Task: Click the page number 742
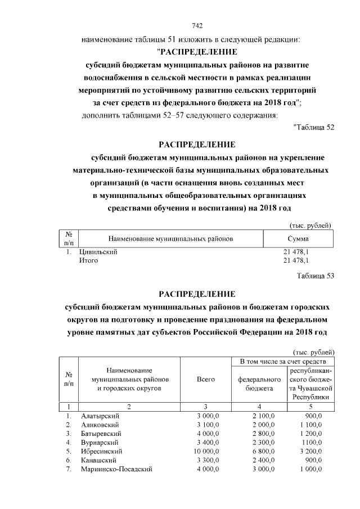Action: (197, 26)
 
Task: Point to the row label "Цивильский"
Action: (98, 252)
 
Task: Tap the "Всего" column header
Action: (206, 380)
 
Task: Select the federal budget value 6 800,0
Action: (259, 451)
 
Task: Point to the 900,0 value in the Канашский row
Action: (313, 460)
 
